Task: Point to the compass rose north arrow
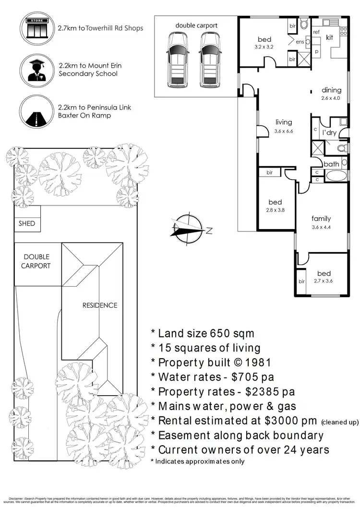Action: (189, 229)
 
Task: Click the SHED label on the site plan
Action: (27, 224)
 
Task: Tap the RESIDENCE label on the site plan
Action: (99, 305)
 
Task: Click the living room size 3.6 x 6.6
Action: (283, 131)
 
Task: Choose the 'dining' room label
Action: (331, 90)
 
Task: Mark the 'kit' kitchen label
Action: (330, 37)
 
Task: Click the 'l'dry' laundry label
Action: (329, 133)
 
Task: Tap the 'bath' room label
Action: (331, 164)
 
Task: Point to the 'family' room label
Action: (321, 218)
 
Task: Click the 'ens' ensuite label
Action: (300, 42)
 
